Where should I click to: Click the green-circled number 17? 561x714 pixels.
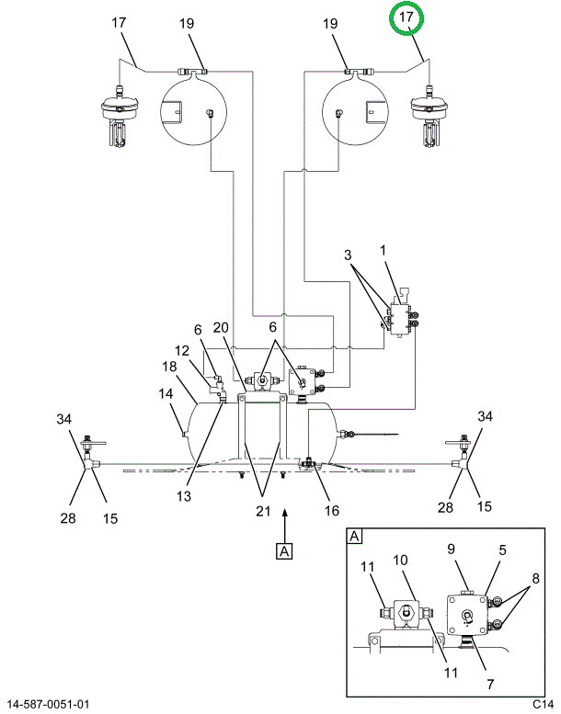pyautogui.click(x=406, y=17)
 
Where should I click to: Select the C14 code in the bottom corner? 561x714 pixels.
pyautogui.click(x=543, y=704)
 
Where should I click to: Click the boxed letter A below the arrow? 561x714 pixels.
pyautogui.click(x=284, y=551)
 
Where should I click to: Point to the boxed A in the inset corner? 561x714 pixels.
pyautogui.click(x=354, y=537)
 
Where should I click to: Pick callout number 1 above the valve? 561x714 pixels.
pyautogui.click(x=383, y=250)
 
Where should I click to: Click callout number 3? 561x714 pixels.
pyautogui.click(x=348, y=255)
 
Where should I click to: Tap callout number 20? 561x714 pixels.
pyautogui.click(x=221, y=327)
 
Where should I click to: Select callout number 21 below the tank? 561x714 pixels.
pyautogui.click(x=263, y=511)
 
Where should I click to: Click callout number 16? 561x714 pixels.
pyautogui.click(x=332, y=510)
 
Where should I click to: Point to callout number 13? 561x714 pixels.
pyautogui.click(x=184, y=496)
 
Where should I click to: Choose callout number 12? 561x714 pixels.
pyautogui.click(x=182, y=350)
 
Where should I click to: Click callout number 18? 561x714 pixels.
pyautogui.click(x=169, y=366)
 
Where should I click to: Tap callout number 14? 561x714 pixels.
pyautogui.click(x=166, y=393)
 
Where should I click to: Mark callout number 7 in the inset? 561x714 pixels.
pyautogui.click(x=490, y=684)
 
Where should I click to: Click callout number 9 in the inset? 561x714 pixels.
pyautogui.click(x=451, y=549)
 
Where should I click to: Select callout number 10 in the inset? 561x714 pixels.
pyautogui.click(x=400, y=560)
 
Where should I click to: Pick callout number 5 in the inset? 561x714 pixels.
pyautogui.click(x=502, y=550)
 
